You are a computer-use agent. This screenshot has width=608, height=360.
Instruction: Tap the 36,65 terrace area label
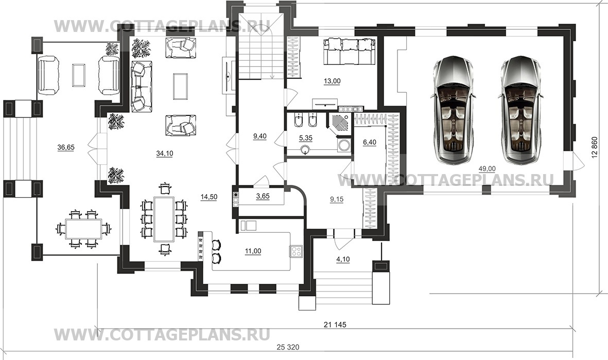click(x=66, y=147)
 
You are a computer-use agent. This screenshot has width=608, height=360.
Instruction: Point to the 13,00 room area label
click(x=331, y=80)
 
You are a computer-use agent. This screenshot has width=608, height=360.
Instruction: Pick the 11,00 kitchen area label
click(x=253, y=251)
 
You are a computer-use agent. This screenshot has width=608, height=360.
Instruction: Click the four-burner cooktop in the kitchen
click(x=297, y=251)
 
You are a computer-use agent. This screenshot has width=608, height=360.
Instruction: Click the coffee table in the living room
click(x=180, y=85)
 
